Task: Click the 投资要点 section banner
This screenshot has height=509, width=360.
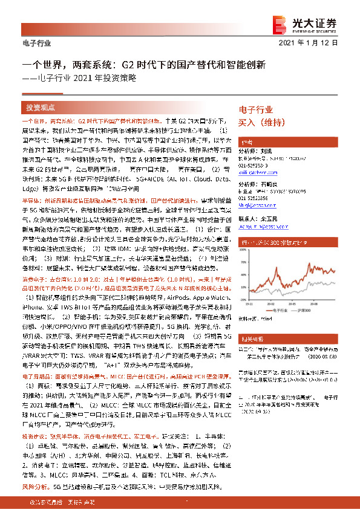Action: pyautogui.click(x=41, y=108)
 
